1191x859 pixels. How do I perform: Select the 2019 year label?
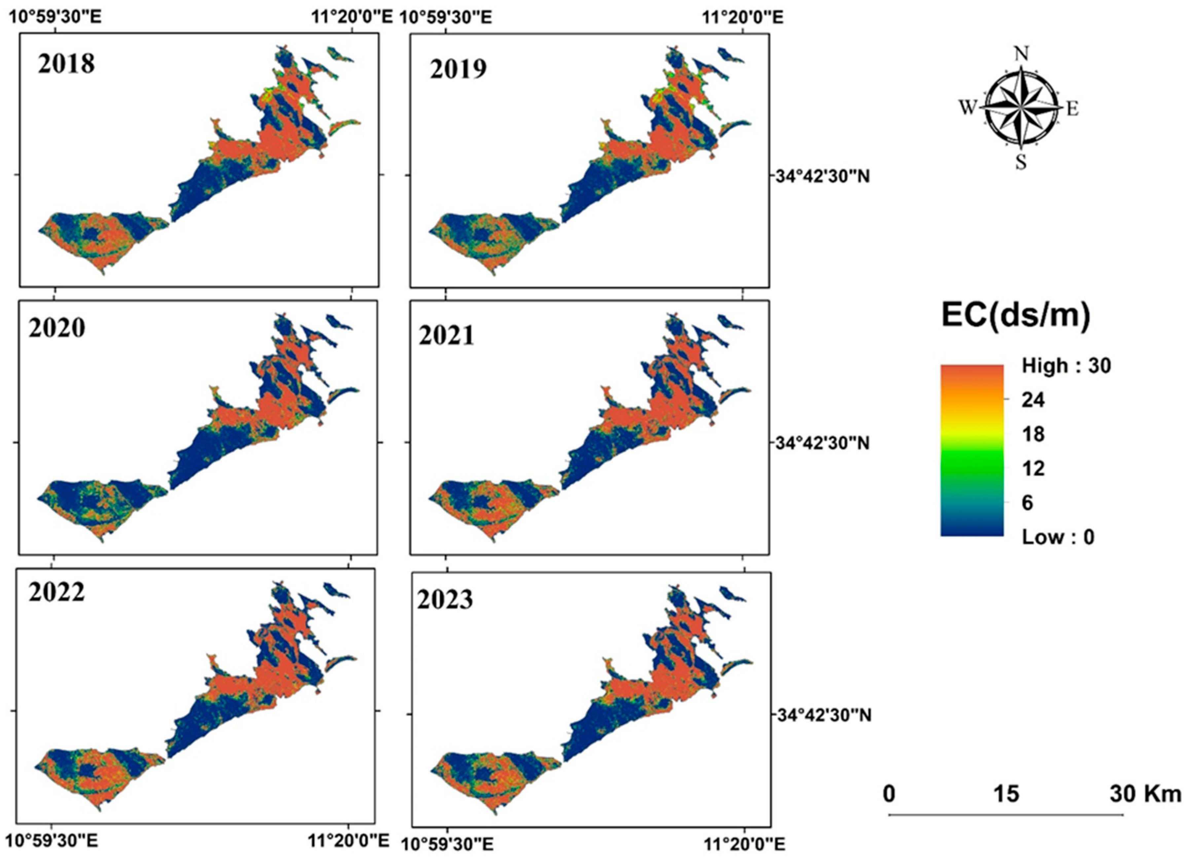(x=458, y=69)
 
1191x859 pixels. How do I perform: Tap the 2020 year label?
(x=57, y=328)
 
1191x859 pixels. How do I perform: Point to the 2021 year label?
(x=446, y=335)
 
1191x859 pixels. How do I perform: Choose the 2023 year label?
(x=445, y=599)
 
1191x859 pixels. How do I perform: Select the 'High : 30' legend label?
(x=1066, y=366)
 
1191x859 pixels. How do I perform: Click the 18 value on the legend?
(x=1033, y=434)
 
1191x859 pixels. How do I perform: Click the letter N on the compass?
(x=1021, y=54)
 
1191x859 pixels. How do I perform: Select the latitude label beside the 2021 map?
(x=822, y=443)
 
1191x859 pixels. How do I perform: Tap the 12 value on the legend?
(x=1033, y=468)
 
